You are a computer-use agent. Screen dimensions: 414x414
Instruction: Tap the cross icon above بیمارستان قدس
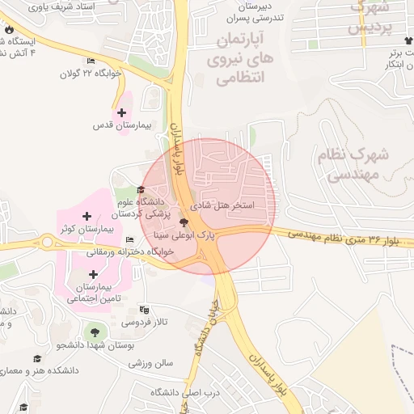coord(122,113)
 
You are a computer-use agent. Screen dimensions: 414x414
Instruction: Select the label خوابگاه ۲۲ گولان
coord(90,73)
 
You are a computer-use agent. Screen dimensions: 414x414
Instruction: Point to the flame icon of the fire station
coord(9,31)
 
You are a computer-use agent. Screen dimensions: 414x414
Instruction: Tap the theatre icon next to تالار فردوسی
coord(145,309)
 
